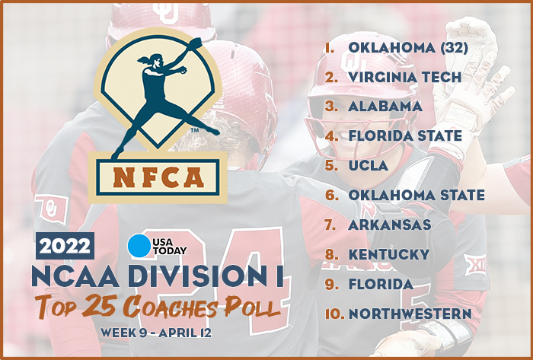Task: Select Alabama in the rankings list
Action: pyautogui.click(x=385, y=106)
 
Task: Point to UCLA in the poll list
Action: pyautogui.click(x=368, y=165)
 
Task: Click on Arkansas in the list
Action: pyautogui.click(x=389, y=225)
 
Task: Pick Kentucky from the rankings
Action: pyautogui.click(x=388, y=253)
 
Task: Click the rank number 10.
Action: pyautogui.click(x=333, y=313)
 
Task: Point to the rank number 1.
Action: pyautogui.click(x=330, y=47)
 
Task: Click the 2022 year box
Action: pyautogui.click(x=65, y=246)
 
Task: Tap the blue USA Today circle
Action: pyautogui.click(x=140, y=247)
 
